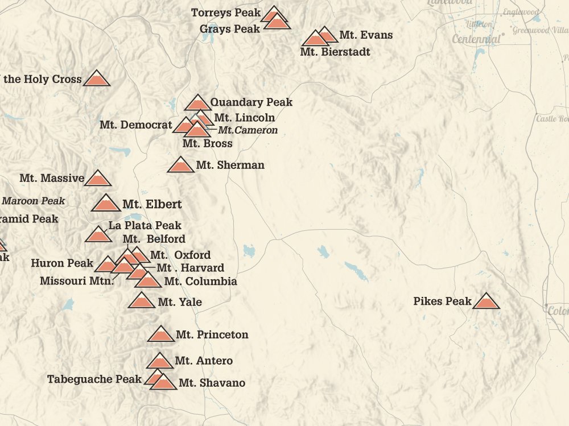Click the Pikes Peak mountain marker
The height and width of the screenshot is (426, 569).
[x=485, y=302]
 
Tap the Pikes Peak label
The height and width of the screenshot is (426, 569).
[x=442, y=301]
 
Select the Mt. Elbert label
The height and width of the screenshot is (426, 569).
[x=152, y=204]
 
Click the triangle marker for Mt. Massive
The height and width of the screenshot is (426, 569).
[x=97, y=179]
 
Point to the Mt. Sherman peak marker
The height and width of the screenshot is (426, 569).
[x=181, y=166]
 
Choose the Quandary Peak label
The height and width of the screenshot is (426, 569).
[x=251, y=102]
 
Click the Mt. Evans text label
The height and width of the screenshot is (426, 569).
[x=366, y=35]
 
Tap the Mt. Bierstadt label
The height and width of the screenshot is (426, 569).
[x=335, y=52]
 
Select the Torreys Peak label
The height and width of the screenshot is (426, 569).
[x=226, y=13]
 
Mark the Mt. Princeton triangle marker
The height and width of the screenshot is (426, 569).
[x=160, y=335]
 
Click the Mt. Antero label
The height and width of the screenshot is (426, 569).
[x=204, y=361]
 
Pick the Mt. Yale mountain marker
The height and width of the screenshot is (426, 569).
[x=142, y=301]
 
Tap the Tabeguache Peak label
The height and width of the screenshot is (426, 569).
[x=94, y=379]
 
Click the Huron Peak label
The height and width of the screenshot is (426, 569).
[x=62, y=263]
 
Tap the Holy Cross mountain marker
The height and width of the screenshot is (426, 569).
[x=97, y=80]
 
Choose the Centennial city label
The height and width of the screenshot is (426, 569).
[x=476, y=39]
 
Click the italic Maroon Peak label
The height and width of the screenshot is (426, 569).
[x=34, y=201]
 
